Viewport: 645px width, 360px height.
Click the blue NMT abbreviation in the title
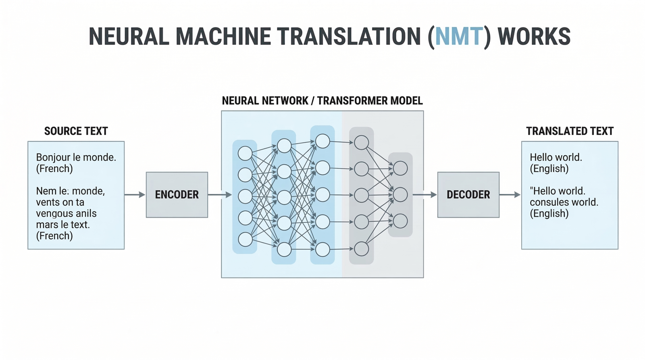pos(459,37)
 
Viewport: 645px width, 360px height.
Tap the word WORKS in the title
pos(534,37)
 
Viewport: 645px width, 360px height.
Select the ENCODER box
pos(177,195)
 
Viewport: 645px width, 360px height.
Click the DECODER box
pos(468,195)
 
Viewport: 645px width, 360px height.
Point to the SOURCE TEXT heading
pos(76,131)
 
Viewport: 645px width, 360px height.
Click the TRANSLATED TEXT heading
pos(570,131)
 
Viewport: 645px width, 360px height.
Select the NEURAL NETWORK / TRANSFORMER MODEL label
pos(322,101)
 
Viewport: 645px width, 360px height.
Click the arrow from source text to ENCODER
pos(135,195)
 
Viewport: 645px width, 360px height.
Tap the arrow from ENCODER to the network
pos(220,195)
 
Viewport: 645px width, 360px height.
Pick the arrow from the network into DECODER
pos(425,195)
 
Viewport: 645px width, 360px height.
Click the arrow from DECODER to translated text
pos(510,195)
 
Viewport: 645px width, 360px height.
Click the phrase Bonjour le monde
pos(76,157)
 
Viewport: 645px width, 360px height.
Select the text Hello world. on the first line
pos(556,157)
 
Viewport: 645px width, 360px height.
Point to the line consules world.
pos(564,202)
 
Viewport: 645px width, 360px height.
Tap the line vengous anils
pos(67,213)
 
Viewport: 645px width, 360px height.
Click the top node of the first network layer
pos(245,153)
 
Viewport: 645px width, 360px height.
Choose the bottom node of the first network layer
pos(245,239)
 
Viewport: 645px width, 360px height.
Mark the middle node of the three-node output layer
pos(400,195)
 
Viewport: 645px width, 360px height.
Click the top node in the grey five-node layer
pos(361,142)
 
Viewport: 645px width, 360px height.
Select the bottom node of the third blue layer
pos(322,250)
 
